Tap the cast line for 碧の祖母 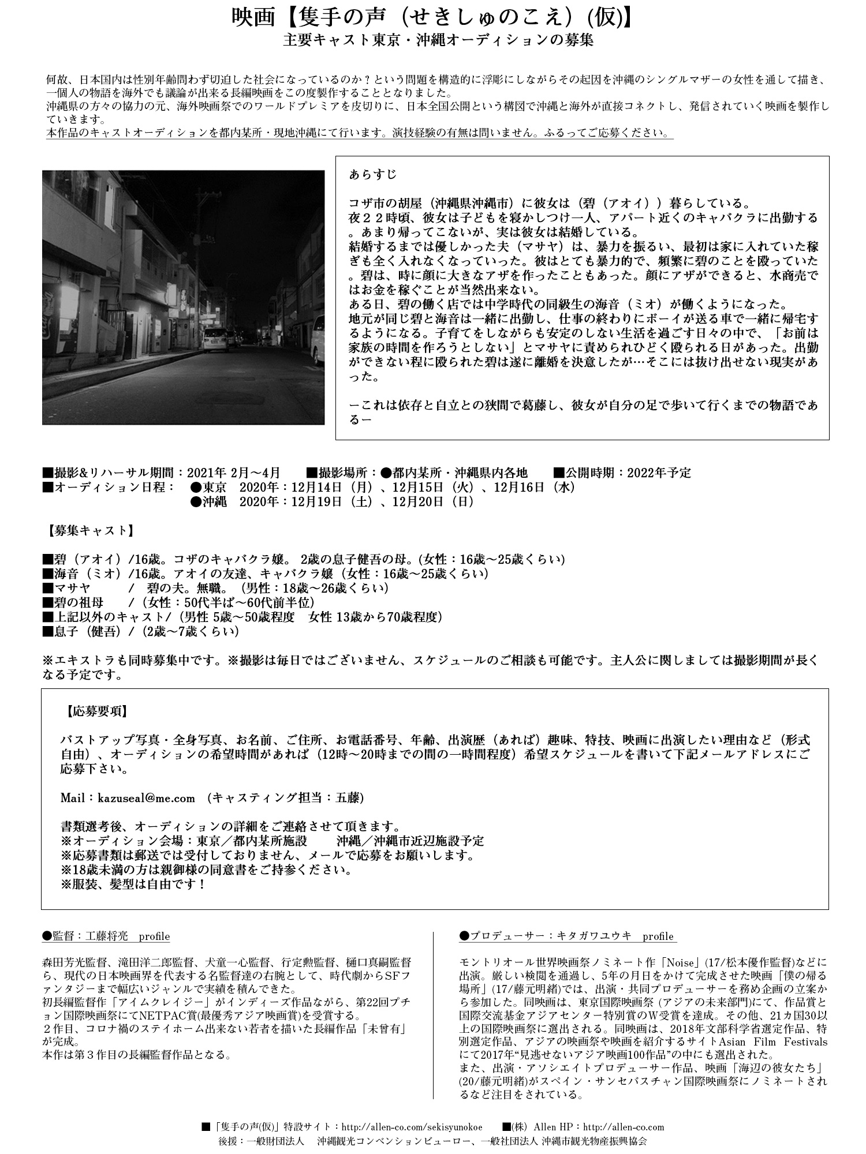pos(178,603)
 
